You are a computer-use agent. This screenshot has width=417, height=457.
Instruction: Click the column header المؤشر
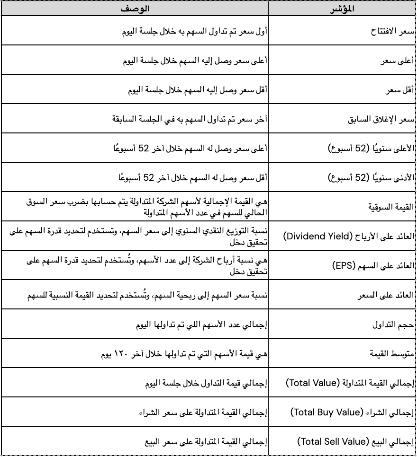(x=342, y=9)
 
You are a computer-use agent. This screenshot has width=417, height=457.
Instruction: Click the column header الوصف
(x=134, y=9)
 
